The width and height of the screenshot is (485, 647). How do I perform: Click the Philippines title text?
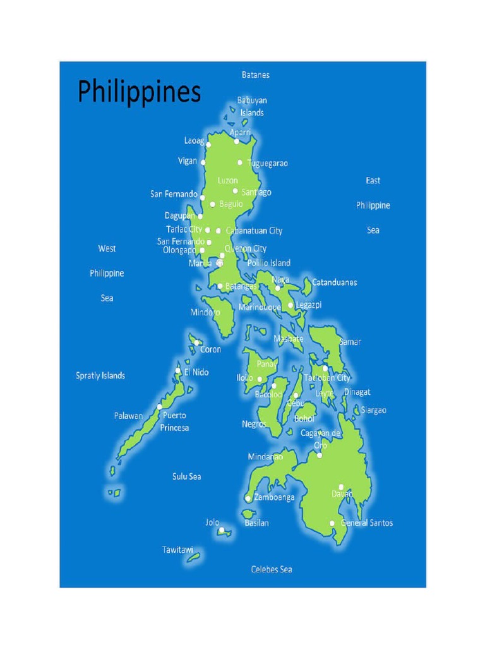139,92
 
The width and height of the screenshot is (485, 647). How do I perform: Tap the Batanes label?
255,75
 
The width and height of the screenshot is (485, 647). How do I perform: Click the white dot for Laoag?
209,145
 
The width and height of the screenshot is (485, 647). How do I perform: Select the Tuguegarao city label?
267,163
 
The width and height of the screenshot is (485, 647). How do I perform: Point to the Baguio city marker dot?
213,204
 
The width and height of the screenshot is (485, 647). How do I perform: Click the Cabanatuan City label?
254,231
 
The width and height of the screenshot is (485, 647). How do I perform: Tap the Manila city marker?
220,263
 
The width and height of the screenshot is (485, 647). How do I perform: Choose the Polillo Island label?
269,263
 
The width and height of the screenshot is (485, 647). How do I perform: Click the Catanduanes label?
335,282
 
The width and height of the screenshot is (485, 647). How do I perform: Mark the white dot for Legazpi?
290,305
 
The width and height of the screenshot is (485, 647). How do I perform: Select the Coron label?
210,349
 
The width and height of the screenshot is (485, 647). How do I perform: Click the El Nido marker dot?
178,371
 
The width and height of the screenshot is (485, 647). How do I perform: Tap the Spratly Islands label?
100,375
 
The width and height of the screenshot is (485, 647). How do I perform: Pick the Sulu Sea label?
186,476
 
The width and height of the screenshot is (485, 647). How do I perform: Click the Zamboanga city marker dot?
248,499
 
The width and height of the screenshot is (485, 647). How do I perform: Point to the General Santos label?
366,523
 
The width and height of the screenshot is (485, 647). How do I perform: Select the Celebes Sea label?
272,569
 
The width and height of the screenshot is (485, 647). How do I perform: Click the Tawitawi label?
177,550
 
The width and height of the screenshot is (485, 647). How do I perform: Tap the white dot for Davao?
341,487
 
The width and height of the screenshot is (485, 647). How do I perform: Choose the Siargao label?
373,410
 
